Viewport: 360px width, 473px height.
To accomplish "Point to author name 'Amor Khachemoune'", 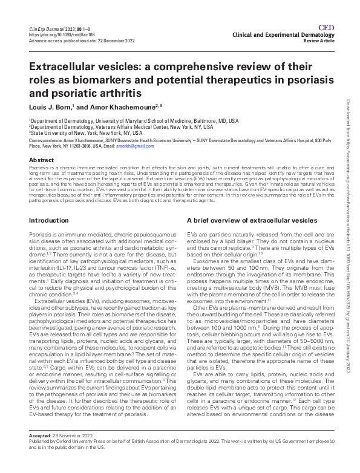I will click(x=114, y=106).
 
